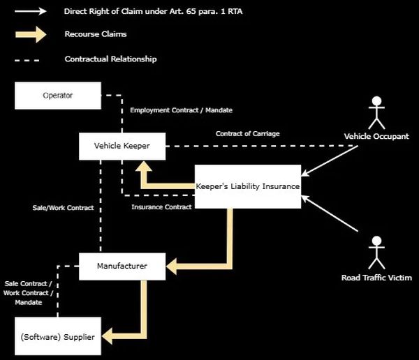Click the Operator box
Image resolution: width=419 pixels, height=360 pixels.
(x=58, y=95)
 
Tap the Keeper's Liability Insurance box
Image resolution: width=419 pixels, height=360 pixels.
(x=247, y=186)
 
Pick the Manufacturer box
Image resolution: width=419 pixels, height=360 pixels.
(x=122, y=266)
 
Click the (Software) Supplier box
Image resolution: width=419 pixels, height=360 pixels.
(x=58, y=338)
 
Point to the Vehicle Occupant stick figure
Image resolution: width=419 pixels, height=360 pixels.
(x=376, y=112)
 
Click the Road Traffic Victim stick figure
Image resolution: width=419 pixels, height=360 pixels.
(x=376, y=253)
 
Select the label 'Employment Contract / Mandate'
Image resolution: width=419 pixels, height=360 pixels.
(x=181, y=110)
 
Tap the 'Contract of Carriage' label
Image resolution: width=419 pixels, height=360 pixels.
(x=248, y=133)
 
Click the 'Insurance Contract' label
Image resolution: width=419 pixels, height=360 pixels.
(x=161, y=207)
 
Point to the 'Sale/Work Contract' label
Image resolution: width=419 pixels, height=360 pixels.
(x=63, y=208)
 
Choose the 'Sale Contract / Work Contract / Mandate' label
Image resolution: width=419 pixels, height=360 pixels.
(x=28, y=293)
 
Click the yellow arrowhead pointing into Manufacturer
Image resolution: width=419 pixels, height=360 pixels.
(x=173, y=266)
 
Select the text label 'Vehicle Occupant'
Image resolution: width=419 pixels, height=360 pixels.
(x=376, y=136)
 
